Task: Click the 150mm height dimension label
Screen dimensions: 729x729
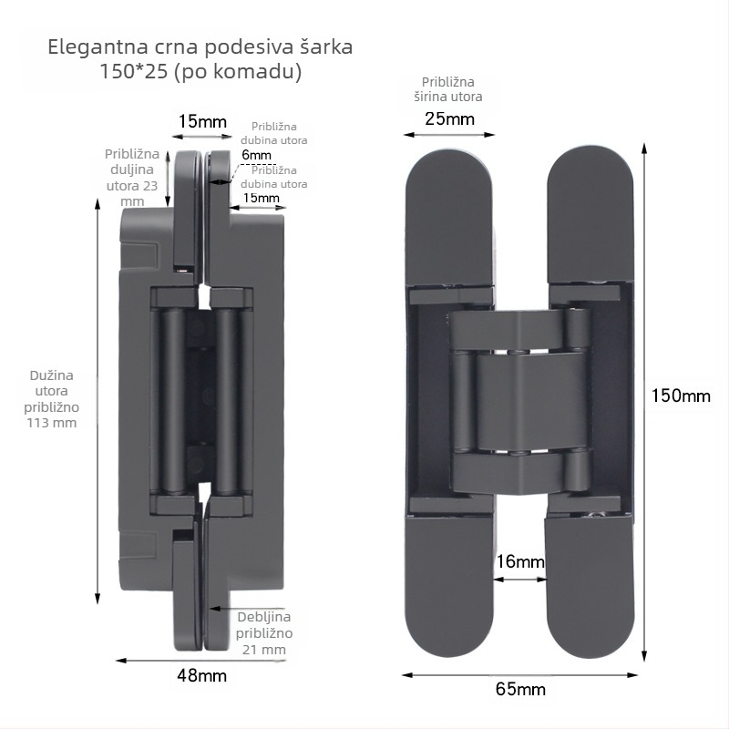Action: pos(681,395)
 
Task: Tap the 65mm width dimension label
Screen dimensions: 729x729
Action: pos(520,689)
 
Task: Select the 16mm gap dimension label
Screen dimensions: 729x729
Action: pos(520,561)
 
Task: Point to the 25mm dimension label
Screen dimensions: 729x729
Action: pos(449,118)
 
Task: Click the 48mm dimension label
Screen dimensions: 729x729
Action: pos(201,675)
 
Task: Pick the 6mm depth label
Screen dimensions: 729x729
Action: pos(256,154)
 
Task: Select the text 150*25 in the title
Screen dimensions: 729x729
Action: pos(133,71)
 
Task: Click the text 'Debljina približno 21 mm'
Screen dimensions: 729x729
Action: pos(263,632)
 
